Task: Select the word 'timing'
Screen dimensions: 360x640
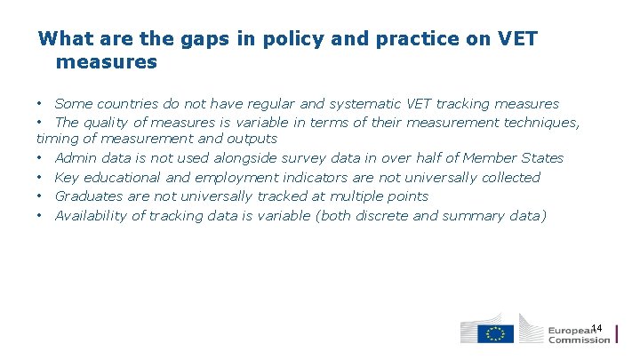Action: [57, 139]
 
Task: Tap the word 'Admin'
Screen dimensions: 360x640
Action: [75, 158]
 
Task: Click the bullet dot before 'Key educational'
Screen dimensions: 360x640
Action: [41, 178]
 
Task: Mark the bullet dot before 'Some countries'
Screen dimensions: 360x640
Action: [41, 104]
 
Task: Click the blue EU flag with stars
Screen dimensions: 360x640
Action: [495, 333]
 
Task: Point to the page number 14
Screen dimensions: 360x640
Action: [596, 329]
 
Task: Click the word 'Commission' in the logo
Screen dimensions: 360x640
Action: [579, 339]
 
